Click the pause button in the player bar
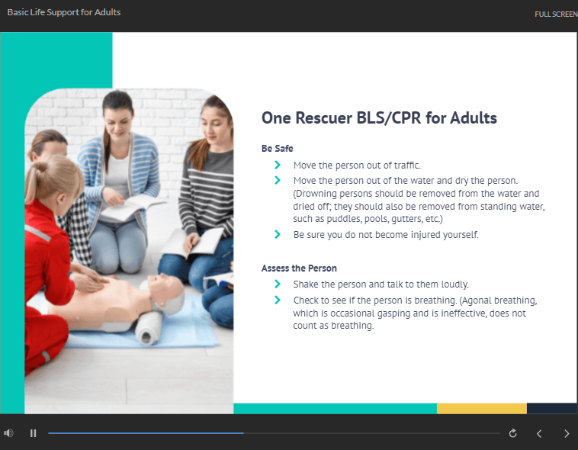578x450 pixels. [34, 433]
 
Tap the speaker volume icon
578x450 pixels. [8, 433]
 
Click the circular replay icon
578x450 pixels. [512, 433]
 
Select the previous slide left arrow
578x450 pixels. [539, 434]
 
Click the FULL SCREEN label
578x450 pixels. [556, 14]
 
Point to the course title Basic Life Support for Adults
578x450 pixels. [64, 12]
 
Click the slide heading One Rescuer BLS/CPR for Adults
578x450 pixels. [379, 118]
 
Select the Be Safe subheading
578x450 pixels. [278, 148]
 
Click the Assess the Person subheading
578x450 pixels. [299, 268]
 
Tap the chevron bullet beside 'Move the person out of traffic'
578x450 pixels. [278, 165]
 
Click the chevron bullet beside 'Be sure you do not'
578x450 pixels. [278, 234]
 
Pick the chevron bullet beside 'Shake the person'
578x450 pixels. [278, 284]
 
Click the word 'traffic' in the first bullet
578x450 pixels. [407, 165]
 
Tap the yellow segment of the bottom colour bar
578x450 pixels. [482, 408]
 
